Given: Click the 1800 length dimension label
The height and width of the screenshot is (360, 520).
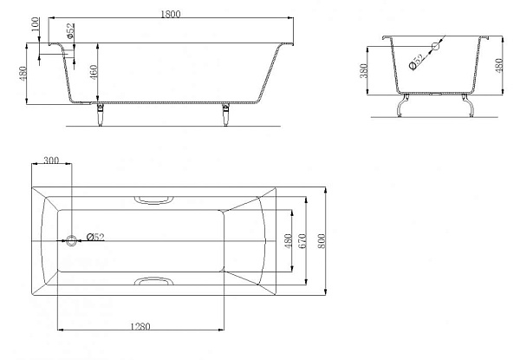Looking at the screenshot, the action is pyautogui.click(x=171, y=14).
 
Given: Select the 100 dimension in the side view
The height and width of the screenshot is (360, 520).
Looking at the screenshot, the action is pyautogui.click(x=36, y=24).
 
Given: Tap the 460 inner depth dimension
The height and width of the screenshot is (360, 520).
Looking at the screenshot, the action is pyautogui.click(x=94, y=72).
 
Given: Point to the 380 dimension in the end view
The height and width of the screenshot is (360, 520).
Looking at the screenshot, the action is pyautogui.click(x=364, y=70).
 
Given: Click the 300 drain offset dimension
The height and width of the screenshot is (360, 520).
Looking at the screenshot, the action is pyautogui.click(x=51, y=160).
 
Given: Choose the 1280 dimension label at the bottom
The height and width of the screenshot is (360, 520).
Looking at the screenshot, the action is pyautogui.click(x=140, y=326).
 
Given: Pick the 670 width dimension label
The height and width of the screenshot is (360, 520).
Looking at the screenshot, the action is pyautogui.click(x=302, y=241).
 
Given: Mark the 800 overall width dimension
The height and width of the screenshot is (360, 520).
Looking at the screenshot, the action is pyautogui.click(x=321, y=241).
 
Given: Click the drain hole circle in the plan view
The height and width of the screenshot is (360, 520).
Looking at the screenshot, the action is pyautogui.click(x=71, y=240).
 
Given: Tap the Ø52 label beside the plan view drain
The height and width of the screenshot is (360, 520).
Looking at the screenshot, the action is pyautogui.click(x=95, y=237).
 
